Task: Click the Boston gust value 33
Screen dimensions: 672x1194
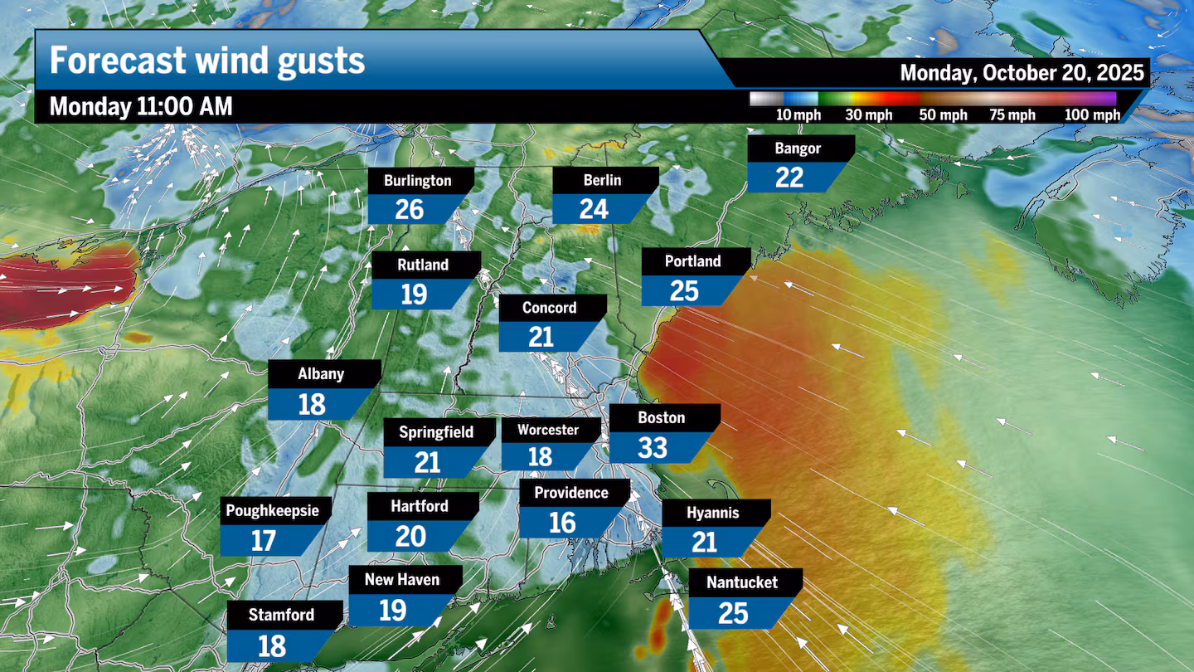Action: pyautogui.click(x=653, y=448)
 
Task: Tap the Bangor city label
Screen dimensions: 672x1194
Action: pyautogui.click(x=798, y=149)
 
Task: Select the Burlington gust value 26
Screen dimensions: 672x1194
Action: pyautogui.click(x=410, y=210)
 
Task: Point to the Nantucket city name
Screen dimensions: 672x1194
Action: pyautogui.click(x=742, y=582)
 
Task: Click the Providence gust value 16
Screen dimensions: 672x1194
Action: pyautogui.click(x=562, y=523)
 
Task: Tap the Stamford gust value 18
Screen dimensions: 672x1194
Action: pyautogui.click(x=272, y=646)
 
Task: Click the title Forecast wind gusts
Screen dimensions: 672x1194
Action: pyautogui.click(x=207, y=61)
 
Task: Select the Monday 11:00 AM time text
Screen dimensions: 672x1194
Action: pyautogui.click(x=141, y=106)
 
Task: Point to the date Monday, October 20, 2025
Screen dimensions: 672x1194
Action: pyautogui.click(x=1022, y=72)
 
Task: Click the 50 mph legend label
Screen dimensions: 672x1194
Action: pyautogui.click(x=944, y=115)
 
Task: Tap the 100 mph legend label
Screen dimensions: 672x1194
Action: pyautogui.click(x=1092, y=115)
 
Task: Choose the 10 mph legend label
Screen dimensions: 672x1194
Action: pyautogui.click(x=798, y=115)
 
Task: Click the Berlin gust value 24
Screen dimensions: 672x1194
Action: pyautogui.click(x=594, y=209)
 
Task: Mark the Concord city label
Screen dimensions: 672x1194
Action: pyautogui.click(x=549, y=308)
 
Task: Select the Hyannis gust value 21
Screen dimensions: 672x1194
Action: pyautogui.click(x=704, y=543)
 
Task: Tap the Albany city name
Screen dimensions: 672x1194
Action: pyautogui.click(x=321, y=374)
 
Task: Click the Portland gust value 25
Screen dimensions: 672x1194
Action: pyautogui.click(x=685, y=291)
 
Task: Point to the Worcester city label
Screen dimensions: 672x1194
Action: pyautogui.click(x=548, y=430)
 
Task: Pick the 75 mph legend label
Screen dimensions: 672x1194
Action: pyautogui.click(x=1012, y=115)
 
